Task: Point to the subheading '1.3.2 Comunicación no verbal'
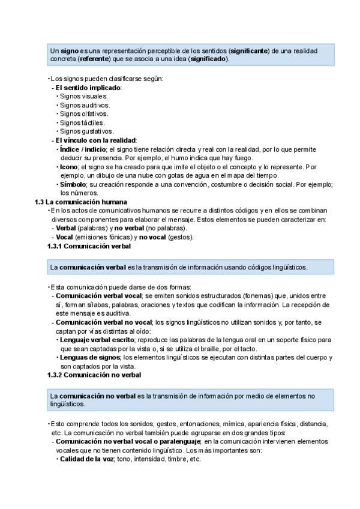point(94,375)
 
